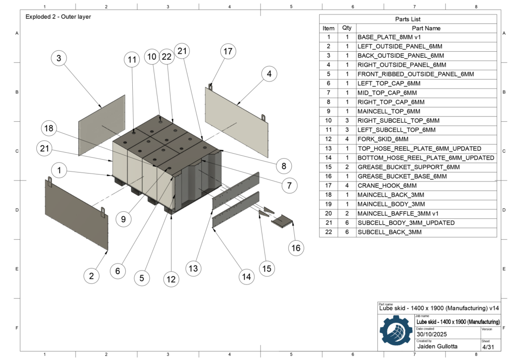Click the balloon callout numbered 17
click(x=228, y=51)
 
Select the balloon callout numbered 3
click(x=59, y=58)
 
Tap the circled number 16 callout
click(x=296, y=248)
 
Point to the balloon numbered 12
click(x=171, y=279)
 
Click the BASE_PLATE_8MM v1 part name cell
click(x=389, y=37)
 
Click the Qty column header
click(x=347, y=28)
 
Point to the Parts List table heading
click(x=408, y=19)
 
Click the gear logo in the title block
click(x=396, y=332)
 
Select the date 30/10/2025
click(x=432, y=334)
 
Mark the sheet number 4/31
click(x=487, y=346)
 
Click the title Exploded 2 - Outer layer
click(x=58, y=17)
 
